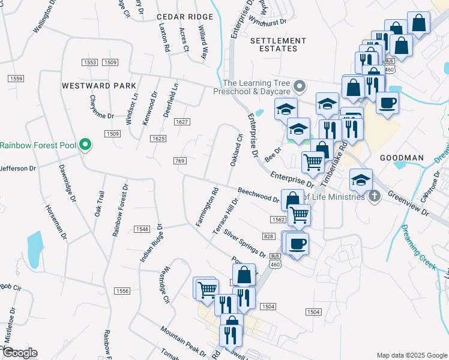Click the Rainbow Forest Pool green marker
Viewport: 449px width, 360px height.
(x=85, y=145)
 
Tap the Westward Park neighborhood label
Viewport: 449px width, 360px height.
(x=99, y=86)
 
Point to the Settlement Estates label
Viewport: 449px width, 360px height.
(x=278, y=44)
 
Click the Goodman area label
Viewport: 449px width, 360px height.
(x=402, y=158)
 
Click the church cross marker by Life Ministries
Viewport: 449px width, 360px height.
(x=374, y=196)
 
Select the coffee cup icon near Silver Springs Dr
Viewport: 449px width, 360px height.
(x=297, y=244)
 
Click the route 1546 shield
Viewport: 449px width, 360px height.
(x=142, y=229)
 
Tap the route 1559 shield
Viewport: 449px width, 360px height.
(x=16, y=79)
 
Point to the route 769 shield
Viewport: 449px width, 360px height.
(x=180, y=161)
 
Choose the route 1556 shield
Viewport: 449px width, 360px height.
(x=122, y=290)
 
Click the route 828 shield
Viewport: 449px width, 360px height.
(x=268, y=236)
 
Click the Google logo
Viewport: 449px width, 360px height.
(x=19, y=353)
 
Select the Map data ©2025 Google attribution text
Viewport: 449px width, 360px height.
(x=411, y=355)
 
